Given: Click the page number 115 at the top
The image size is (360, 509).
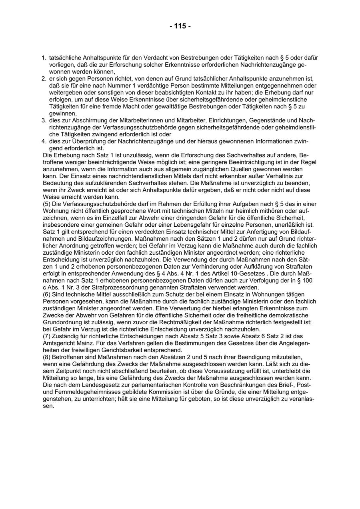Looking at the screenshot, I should coord(180,26).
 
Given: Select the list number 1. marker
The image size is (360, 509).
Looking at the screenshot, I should coord(44,58).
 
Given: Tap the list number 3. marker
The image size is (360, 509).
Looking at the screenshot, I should coord(44,120).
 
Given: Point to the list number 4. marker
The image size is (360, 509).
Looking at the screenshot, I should coord(44,142).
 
